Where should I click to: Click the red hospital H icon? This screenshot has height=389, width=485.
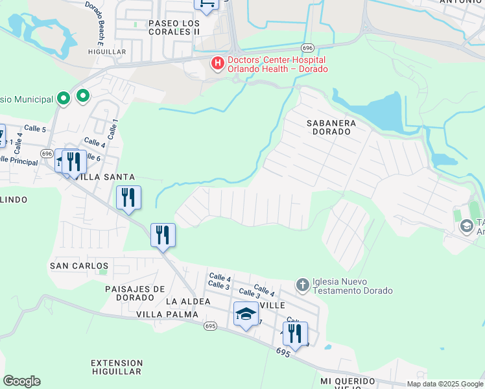(217, 63)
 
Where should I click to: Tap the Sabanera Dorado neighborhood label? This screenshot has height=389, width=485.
(329, 126)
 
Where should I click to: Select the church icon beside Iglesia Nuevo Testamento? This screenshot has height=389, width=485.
(302, 285)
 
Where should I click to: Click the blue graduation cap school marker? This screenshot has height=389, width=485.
(246, 315)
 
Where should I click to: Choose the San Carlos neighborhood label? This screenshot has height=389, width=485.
(79, 266)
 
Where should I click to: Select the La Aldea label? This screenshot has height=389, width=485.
(188, 301)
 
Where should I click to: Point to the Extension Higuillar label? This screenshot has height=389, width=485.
(117, 367)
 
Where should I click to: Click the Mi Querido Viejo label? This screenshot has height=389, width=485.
(348, 384)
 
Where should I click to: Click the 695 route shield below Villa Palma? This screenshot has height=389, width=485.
(209, 325)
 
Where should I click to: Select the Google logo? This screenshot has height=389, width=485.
(21, 381)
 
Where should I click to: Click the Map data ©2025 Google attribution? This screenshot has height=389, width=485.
(444, 384)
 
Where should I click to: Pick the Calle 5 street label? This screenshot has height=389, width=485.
(35, 129)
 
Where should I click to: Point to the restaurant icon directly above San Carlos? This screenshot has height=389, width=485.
(163, 235)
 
